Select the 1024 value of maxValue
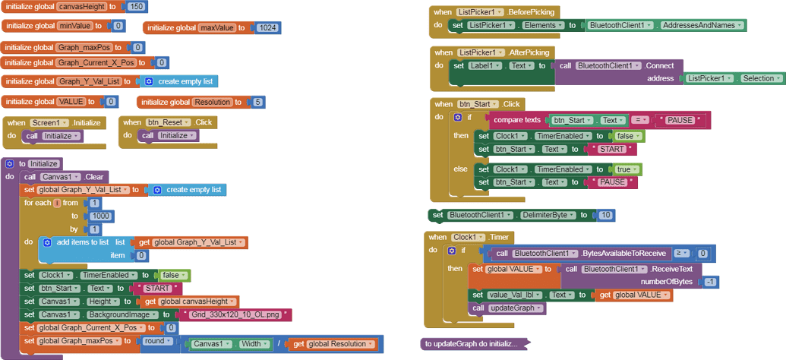267,28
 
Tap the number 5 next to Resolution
258,102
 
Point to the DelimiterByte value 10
605,216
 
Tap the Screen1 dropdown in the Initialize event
49,122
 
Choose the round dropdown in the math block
157,342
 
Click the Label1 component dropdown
483,66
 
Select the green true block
627,169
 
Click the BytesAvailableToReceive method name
623,254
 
